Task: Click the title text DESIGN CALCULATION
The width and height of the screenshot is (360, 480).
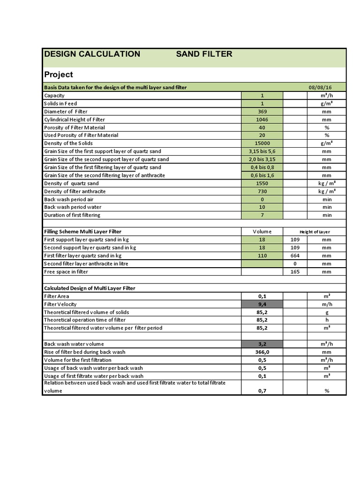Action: (92, 54)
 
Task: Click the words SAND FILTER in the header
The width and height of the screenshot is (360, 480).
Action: (204, 54)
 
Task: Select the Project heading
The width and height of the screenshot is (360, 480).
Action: (59, 75)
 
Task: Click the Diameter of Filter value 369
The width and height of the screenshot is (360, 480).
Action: (262, 112)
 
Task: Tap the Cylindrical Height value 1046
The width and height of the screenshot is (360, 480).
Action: (262, 120)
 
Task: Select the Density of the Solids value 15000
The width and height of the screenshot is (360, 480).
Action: (262, 143)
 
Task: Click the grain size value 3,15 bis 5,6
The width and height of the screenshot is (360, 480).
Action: (262, 151)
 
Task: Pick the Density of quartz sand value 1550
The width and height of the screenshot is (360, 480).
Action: (262, 183)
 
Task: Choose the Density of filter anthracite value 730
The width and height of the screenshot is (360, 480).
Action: (262, 191)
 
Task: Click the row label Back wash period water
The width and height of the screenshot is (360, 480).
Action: (73, 207)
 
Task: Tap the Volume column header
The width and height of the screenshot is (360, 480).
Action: (262, 232)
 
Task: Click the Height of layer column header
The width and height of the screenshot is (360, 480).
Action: (315, 232)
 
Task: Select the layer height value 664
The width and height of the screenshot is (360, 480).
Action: (295, 255)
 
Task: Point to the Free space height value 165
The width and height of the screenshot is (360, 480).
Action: (295, 271)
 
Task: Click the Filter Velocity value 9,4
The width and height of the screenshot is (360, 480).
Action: (262, 304)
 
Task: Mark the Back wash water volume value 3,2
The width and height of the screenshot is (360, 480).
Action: (262, 344)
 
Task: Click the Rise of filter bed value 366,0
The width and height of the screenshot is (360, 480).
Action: (262, 352)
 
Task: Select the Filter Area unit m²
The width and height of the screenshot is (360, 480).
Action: (327, 296)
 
